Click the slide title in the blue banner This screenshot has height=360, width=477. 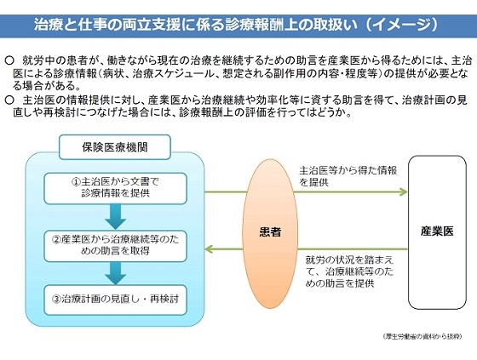[x=238, y=23]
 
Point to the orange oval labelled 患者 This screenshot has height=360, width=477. [x=270, y=231]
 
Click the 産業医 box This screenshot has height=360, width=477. [x=441, y=231]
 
